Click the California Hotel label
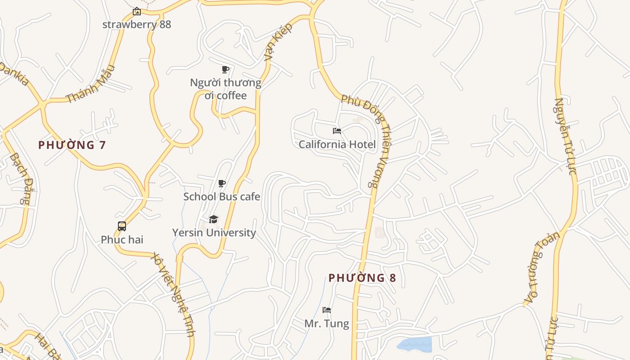pyautogui.click(x=337, y=144)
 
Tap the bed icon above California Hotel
pyautogui.click(x=337, y=131)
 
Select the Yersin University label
pyautogui.click(x=214, y=233)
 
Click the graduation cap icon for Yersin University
pyautogui.click(x=213, y=219)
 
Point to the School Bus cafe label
pyautogui.click(x=221, y=197)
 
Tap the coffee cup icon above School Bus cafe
pyautogui.click(x=221, y=183)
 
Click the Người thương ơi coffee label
pyautogui.click(x=225, y=89)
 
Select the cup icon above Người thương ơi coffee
pyautogui.click(x=225, y=69)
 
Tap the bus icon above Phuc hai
pyautogui.click(x=122, y=226)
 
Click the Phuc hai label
pyautogui.click(x=122, y=239)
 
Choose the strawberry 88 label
pyautogui.click(x=137, y=24)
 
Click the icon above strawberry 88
pyautogui.click(x=137, y=11)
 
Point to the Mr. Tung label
pyautogui.click(x=327, y=324)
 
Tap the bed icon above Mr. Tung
pyautogui.click(x=327, y=310)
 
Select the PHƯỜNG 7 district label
pyautogui.click(x=72, y=145)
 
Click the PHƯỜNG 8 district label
pyautogui.click(x=362, y=278)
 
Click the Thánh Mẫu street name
pyautogui.click(x=90, y=84)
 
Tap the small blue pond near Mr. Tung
pyautogui.click(x=415, y=344)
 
